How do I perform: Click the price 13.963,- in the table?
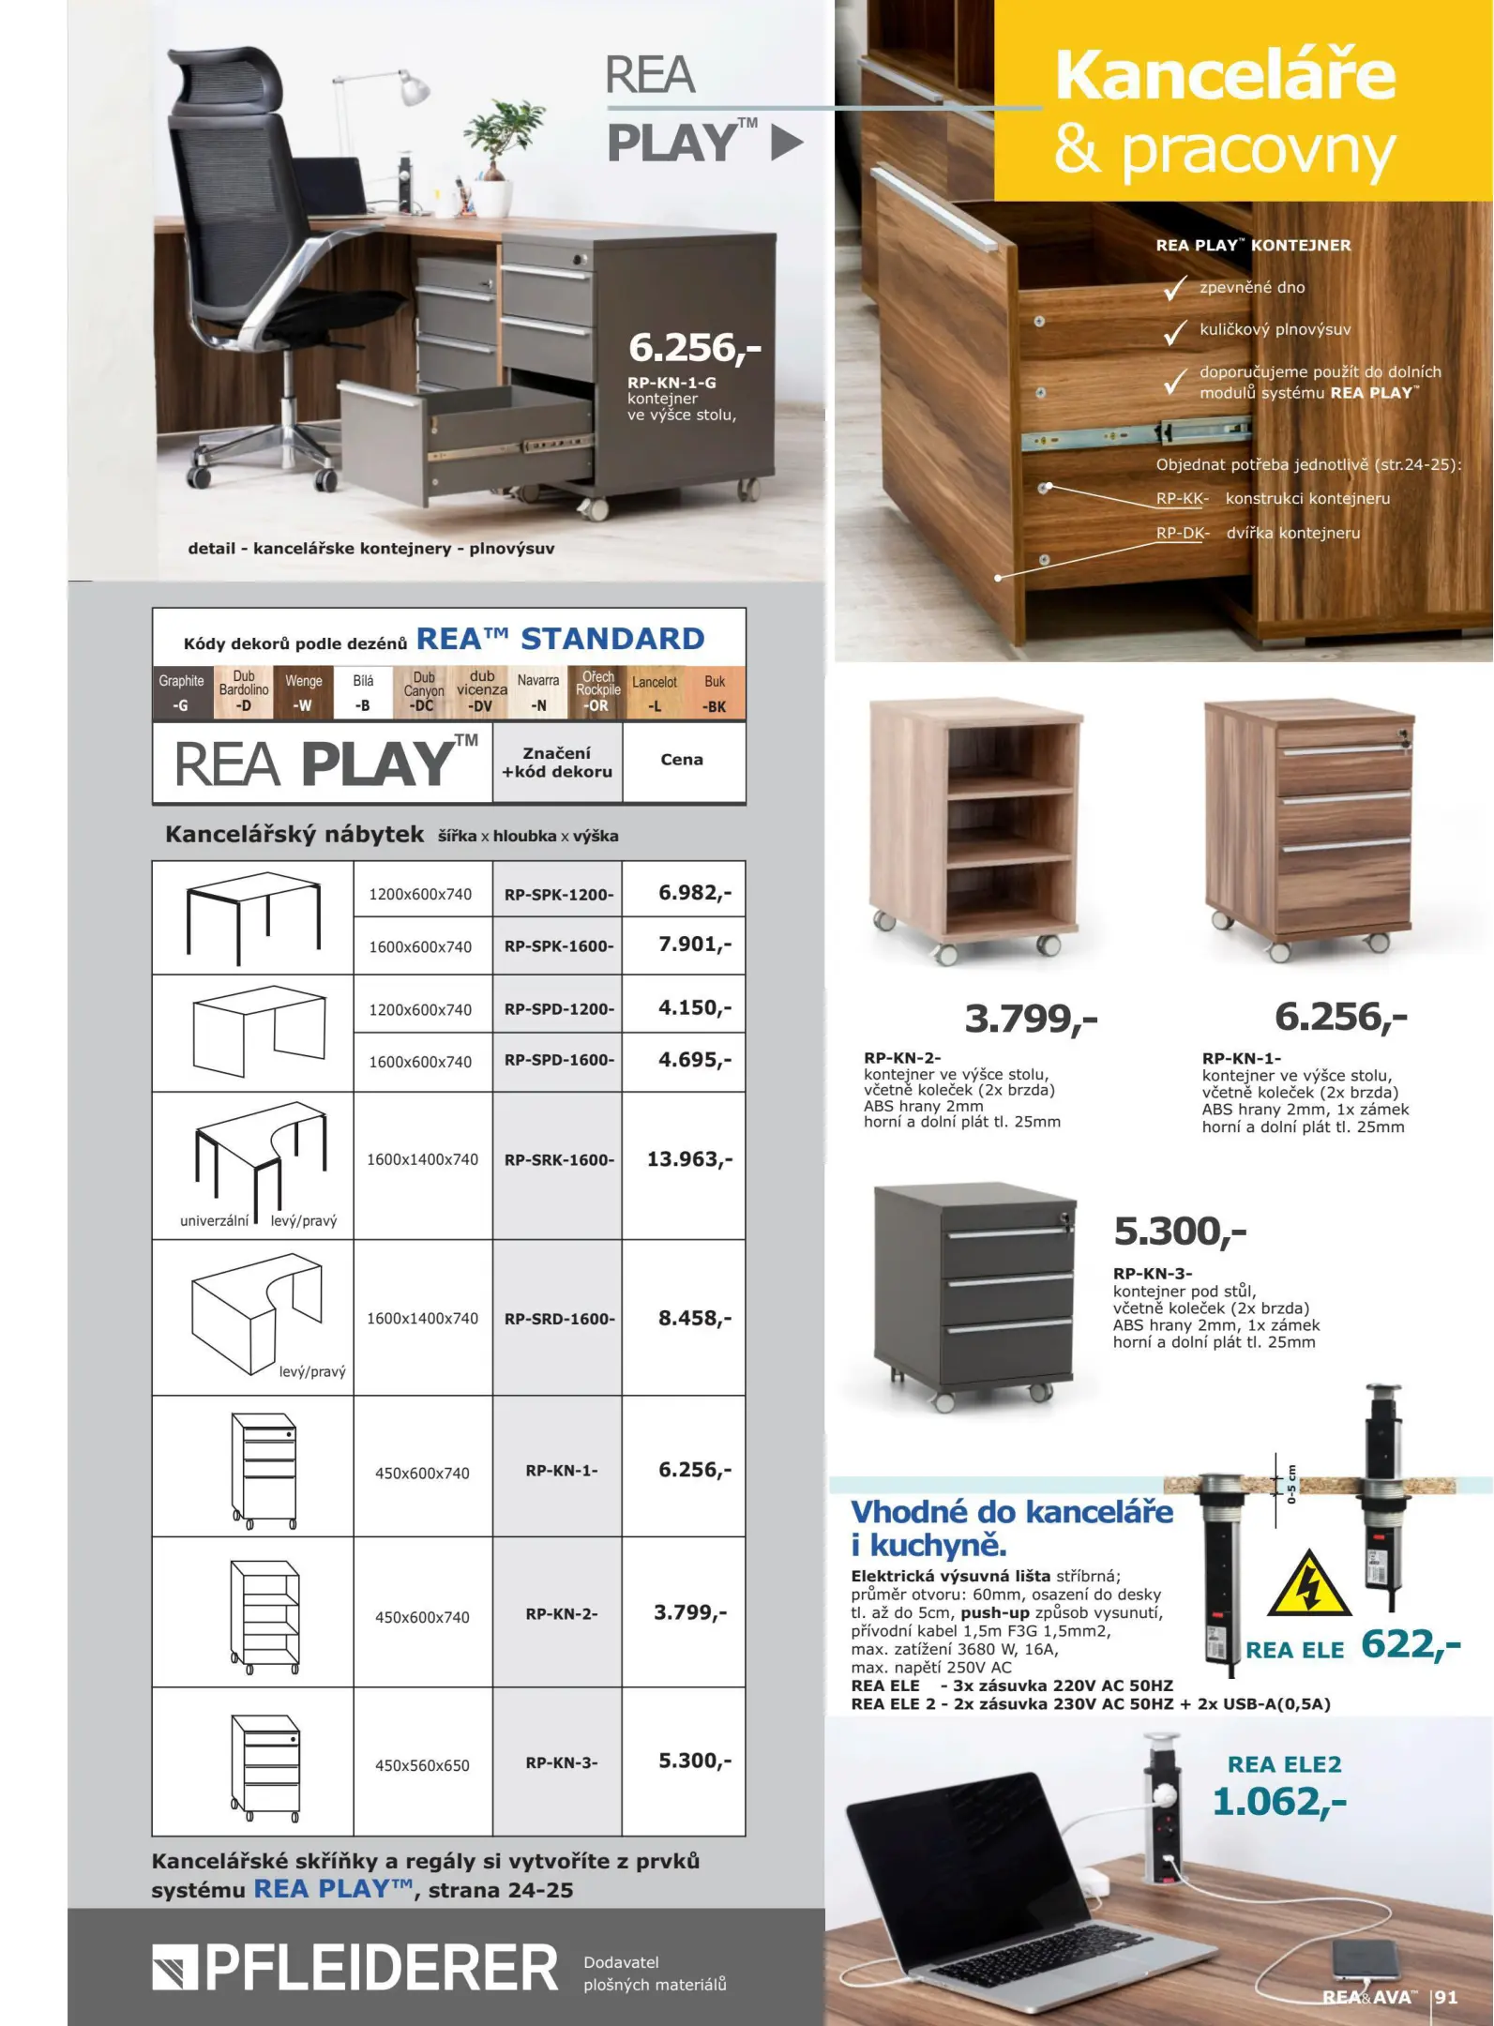coord(689,1159)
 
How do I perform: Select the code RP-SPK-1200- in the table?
coord(559,895)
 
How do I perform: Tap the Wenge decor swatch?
coord(303,693)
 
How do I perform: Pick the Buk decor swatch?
coord(715,693)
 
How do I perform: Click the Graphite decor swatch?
coord(182,693)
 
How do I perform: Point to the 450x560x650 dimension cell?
coord(422,1765)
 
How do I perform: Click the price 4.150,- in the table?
coord(694,1008)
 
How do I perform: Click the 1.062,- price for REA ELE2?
coord(1279,1802)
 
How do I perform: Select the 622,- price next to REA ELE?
coord(1411,1645)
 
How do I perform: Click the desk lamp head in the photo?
coord(414,89)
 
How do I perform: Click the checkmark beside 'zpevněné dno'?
coord(1175,289)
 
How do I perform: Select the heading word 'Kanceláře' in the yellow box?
coord(1225,75)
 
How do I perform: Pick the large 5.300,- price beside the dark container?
coord(1180,1232)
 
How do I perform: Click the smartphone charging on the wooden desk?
coord(1365,1963)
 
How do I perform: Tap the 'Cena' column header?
coord(682,760)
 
